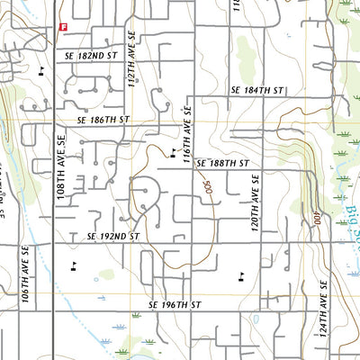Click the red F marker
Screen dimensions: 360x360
click(x=62, y=27)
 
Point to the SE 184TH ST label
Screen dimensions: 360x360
click(x=256, y=91)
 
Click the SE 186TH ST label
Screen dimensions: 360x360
click(x=103, y=119)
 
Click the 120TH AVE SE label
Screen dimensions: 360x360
click(x=255, y=206)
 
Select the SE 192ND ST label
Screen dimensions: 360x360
click(x=114, y=236)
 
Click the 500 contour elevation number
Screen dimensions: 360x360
click(x=206, y=191)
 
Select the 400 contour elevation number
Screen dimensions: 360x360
click(x=319, y=220)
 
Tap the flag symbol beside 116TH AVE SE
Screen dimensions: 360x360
click(x=174, y=154)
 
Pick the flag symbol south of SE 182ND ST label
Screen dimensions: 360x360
click(x=42, y=69)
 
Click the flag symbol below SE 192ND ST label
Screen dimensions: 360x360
click(x=73, y=265)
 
